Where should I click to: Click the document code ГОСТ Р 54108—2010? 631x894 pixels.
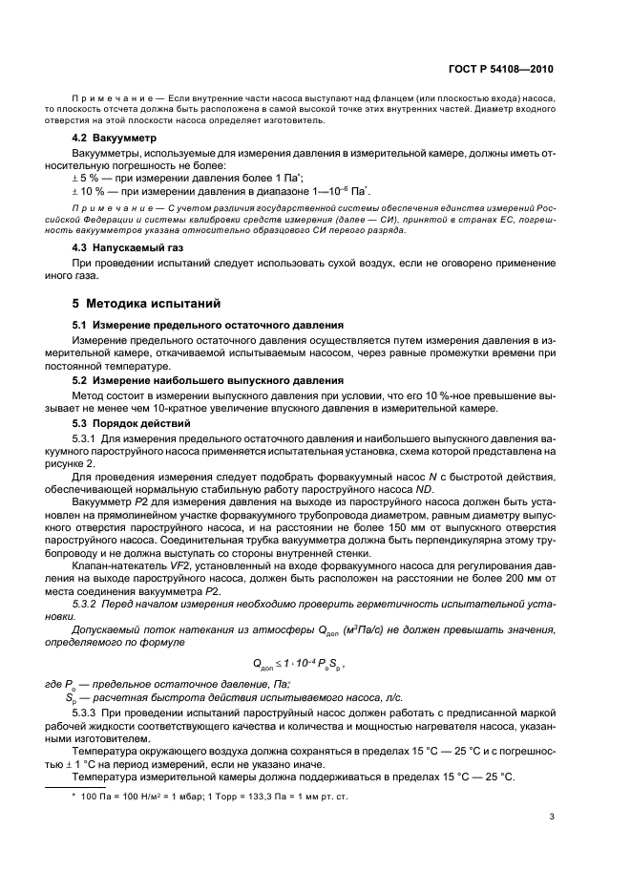[x=503, y=70]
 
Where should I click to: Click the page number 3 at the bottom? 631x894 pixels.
[x=553, y=816]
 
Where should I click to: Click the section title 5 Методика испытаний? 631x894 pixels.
[x=147, y=303]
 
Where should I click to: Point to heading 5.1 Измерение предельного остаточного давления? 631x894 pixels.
[x=209, y=326]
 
